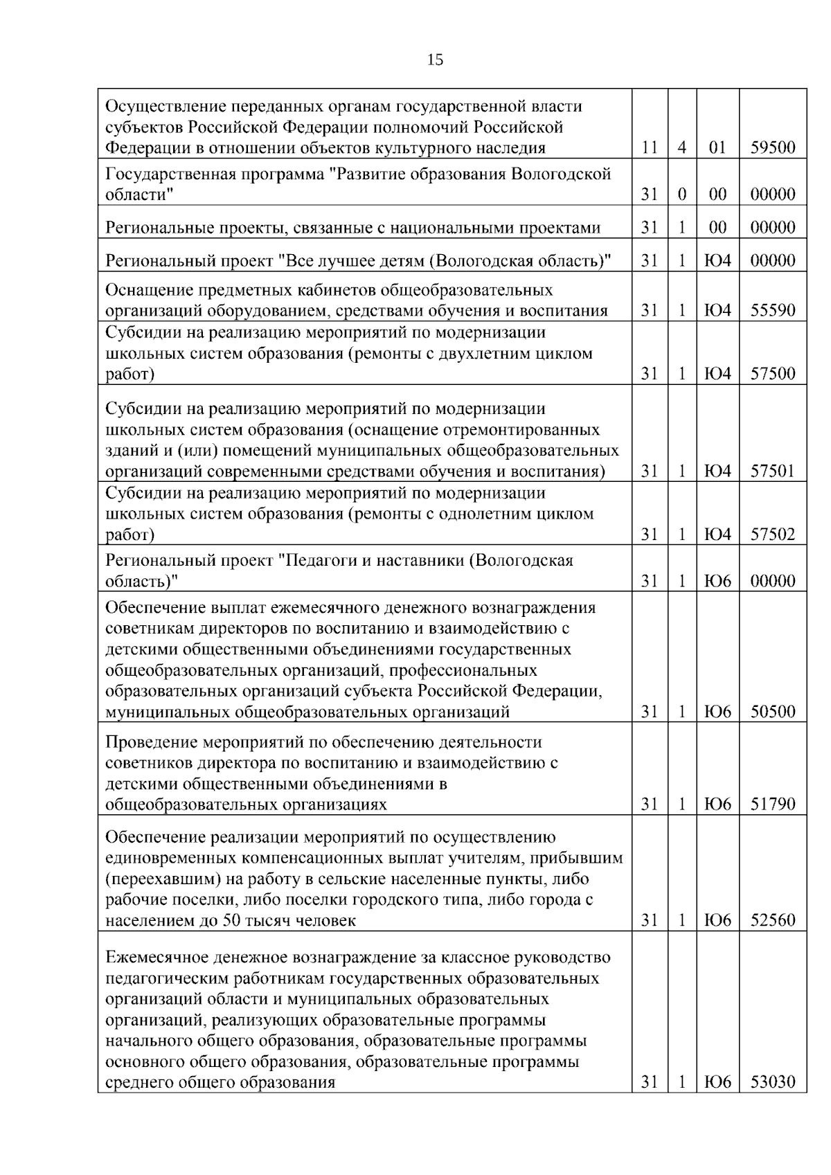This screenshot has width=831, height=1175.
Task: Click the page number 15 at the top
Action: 435,60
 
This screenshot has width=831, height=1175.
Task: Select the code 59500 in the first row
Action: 773,147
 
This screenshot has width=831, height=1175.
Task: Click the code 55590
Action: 773,310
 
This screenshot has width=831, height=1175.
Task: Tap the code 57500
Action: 773,374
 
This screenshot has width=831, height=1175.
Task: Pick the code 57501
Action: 773,472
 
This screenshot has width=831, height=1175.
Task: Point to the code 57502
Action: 773,535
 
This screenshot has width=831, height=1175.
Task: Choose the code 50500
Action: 773,712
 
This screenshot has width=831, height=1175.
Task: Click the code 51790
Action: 773,805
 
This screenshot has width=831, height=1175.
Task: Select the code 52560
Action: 773,921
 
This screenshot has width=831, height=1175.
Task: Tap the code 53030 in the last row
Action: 773,1082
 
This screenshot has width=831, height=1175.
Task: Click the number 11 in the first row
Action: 649,147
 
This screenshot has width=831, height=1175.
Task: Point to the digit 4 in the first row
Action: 681,147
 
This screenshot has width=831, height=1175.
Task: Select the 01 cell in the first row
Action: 718,147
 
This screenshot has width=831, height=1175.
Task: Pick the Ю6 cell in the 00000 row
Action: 718,581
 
